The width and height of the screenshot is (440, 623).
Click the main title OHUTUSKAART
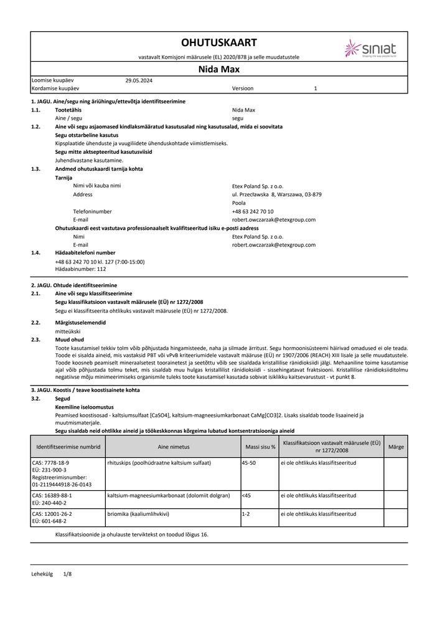(x=218, y=42)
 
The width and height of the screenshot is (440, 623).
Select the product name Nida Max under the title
(x=218, y=69)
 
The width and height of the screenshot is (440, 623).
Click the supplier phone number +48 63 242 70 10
(x=256, y=212)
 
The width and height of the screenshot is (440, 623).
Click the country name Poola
(x=238, y=203)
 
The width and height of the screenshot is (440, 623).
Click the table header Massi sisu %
(x=259, y=447)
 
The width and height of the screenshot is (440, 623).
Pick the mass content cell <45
(x=246, y=495)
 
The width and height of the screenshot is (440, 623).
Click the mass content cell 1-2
(x=246, y=514)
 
